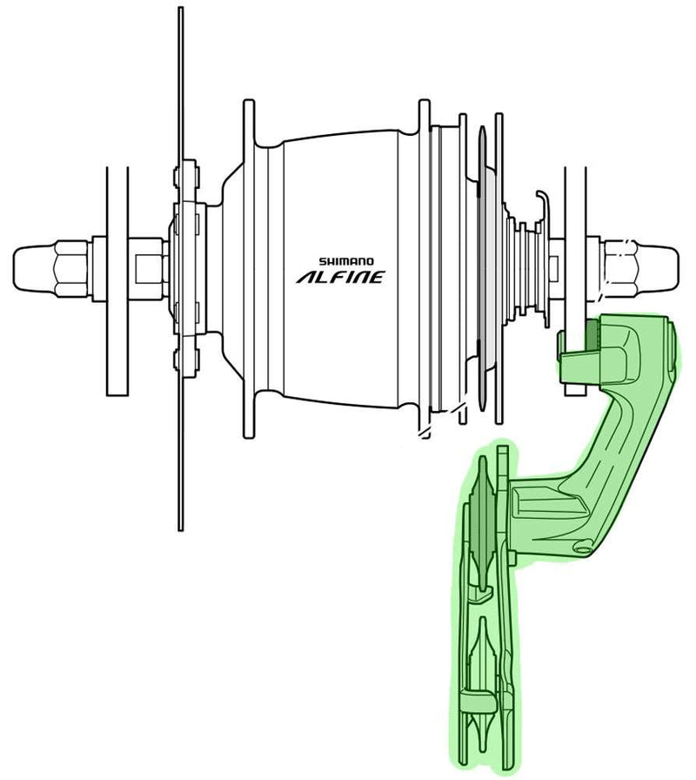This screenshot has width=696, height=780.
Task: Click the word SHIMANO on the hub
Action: (345, 259)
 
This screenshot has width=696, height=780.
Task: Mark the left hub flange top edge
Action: (249, 113)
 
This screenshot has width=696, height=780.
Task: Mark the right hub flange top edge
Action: (424, 113)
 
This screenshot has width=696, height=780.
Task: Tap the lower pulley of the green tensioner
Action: (478, 723)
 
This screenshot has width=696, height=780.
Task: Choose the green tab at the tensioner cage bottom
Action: (471, 696)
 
